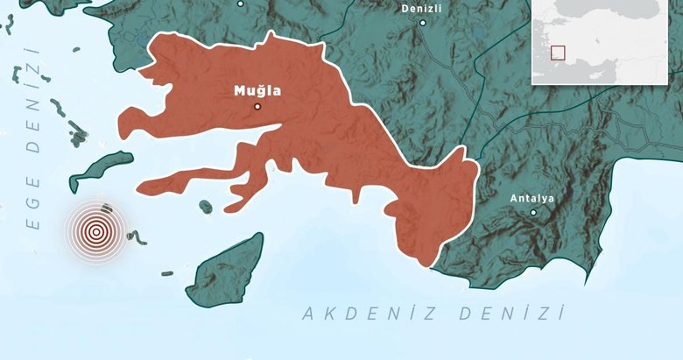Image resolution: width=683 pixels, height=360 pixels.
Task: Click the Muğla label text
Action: point(257,90)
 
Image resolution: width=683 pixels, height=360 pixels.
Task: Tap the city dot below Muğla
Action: point(257,107)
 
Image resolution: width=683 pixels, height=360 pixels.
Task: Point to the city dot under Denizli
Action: point(423,23)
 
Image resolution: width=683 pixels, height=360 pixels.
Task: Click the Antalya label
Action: point(532,199)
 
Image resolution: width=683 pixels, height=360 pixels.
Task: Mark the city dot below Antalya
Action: point(532,212)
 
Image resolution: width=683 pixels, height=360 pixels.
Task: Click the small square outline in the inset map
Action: point(556,53)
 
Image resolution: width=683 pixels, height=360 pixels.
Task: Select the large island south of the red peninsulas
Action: point(226,269)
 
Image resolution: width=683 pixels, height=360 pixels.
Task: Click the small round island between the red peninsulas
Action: point(205,207)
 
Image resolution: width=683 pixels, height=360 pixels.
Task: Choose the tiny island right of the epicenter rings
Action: point(137,236)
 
